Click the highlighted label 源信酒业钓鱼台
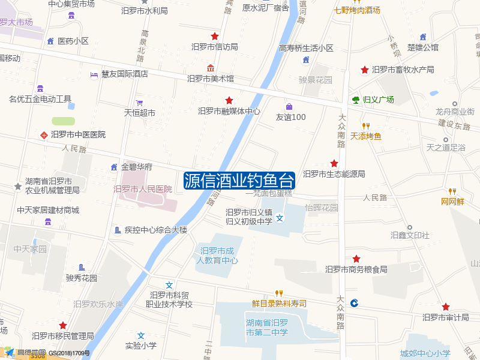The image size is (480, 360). click(239, 180)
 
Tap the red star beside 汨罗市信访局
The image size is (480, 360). click(215, 37)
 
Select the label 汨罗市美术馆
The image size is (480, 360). click(211, 79)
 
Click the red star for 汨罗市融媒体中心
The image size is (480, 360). click(229, 100)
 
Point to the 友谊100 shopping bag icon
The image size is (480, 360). click(289, 106)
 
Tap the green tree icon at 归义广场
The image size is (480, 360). click(355, 100)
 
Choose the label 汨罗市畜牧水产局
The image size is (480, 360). click(403, 70)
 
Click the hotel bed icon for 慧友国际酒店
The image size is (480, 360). click(94, 74)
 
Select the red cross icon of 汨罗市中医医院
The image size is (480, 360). click(43, 134)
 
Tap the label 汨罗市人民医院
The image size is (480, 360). click(143, 189)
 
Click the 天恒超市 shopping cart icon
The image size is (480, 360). click(139, 103)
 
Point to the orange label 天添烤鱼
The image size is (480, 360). click(366, 136)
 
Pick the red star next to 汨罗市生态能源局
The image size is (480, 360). click(334, 164)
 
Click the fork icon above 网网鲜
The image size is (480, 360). click(452, 191)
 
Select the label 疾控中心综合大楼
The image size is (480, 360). click(156, 230)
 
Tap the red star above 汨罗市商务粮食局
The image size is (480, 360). click(356, 259)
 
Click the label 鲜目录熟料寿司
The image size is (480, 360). click(279, 304)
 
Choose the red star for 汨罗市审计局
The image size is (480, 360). click(445, 307)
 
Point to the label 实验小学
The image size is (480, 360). click(141, 346)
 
